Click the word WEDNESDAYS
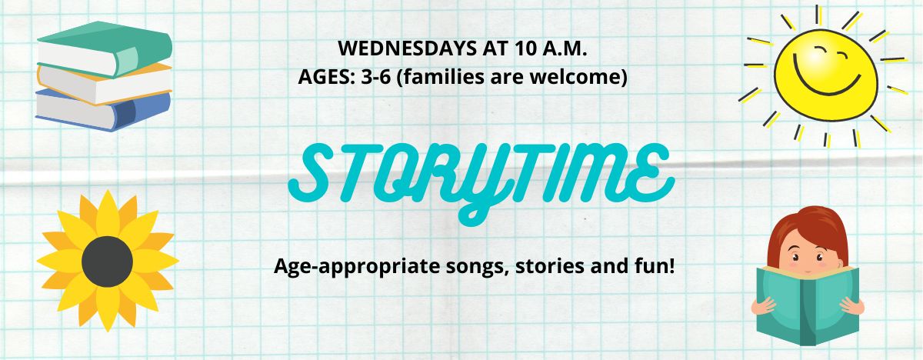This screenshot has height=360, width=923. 407,48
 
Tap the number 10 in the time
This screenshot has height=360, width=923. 525,48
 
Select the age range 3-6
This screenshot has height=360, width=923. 375,77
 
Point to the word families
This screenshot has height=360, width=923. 440,77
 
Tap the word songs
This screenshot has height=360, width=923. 476,267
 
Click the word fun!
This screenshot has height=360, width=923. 653,265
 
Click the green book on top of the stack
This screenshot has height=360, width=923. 105,48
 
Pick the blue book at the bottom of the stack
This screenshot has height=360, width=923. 103,111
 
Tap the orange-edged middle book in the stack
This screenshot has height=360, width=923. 105,84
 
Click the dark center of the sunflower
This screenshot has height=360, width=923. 107,262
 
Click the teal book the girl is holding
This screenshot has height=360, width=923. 808,305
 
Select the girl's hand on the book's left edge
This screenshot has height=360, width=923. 764,306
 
